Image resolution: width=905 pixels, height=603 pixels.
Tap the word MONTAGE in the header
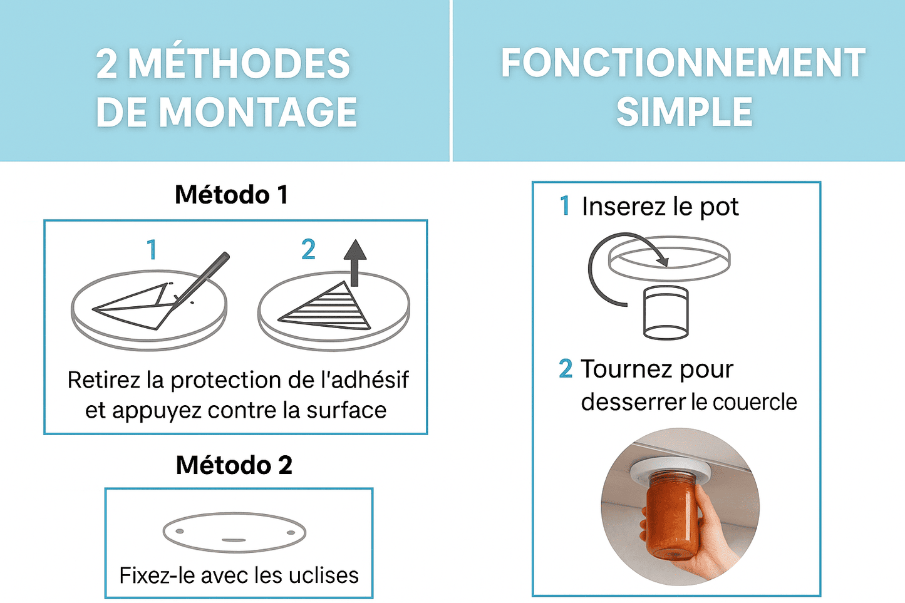click(258, 112)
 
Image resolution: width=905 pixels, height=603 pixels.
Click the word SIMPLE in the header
click(684, 111)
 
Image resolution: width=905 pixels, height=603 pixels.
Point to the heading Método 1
click(231, 195)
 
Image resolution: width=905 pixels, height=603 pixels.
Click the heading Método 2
click(234, 465)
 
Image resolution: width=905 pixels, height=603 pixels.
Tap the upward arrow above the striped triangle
click(355, 263)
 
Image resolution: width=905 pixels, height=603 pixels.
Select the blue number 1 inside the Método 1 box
click(152, 250)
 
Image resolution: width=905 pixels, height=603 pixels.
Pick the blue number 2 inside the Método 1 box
click(308, 249)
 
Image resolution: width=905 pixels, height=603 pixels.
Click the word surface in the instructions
click(346, 410)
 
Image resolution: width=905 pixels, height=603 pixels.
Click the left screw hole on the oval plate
click(180, 531)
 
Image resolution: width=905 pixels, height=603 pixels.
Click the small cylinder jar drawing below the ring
click(665, 312)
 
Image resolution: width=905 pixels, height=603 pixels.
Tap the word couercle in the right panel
click(755, 402)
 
